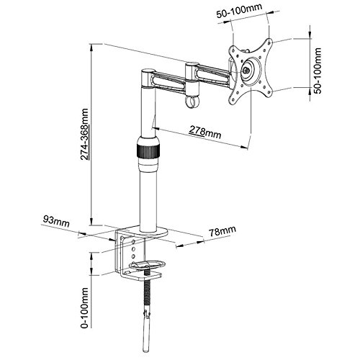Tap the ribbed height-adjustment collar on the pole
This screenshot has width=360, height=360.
147,152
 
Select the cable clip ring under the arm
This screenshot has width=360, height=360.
191,103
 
